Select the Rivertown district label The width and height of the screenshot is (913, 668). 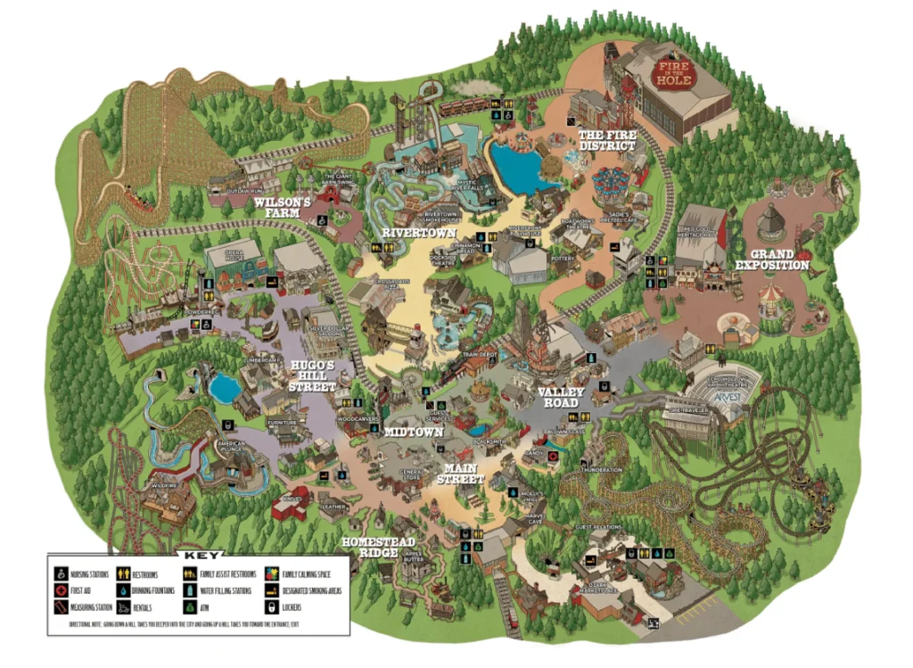415,233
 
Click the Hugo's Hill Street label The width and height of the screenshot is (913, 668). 312,376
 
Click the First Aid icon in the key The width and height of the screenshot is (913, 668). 62,590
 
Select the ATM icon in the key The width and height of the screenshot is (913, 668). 190,606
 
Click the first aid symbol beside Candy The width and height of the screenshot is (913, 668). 553,455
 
